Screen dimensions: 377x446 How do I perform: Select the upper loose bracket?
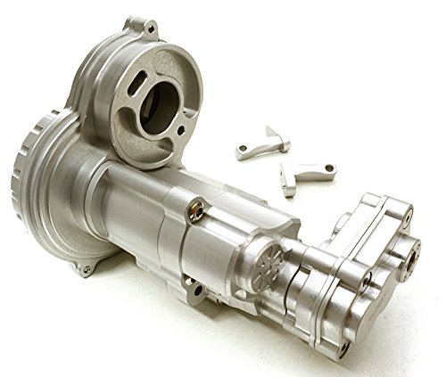pos(264,142)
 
